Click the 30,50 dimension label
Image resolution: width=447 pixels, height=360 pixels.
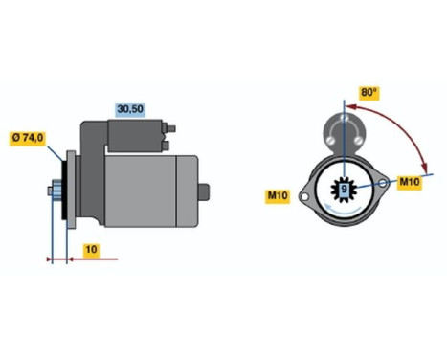click(x=129, y=110)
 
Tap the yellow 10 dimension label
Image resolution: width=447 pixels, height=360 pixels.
click(x=89, y=249)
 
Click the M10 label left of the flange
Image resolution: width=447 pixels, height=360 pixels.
click(x=279, y=196)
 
